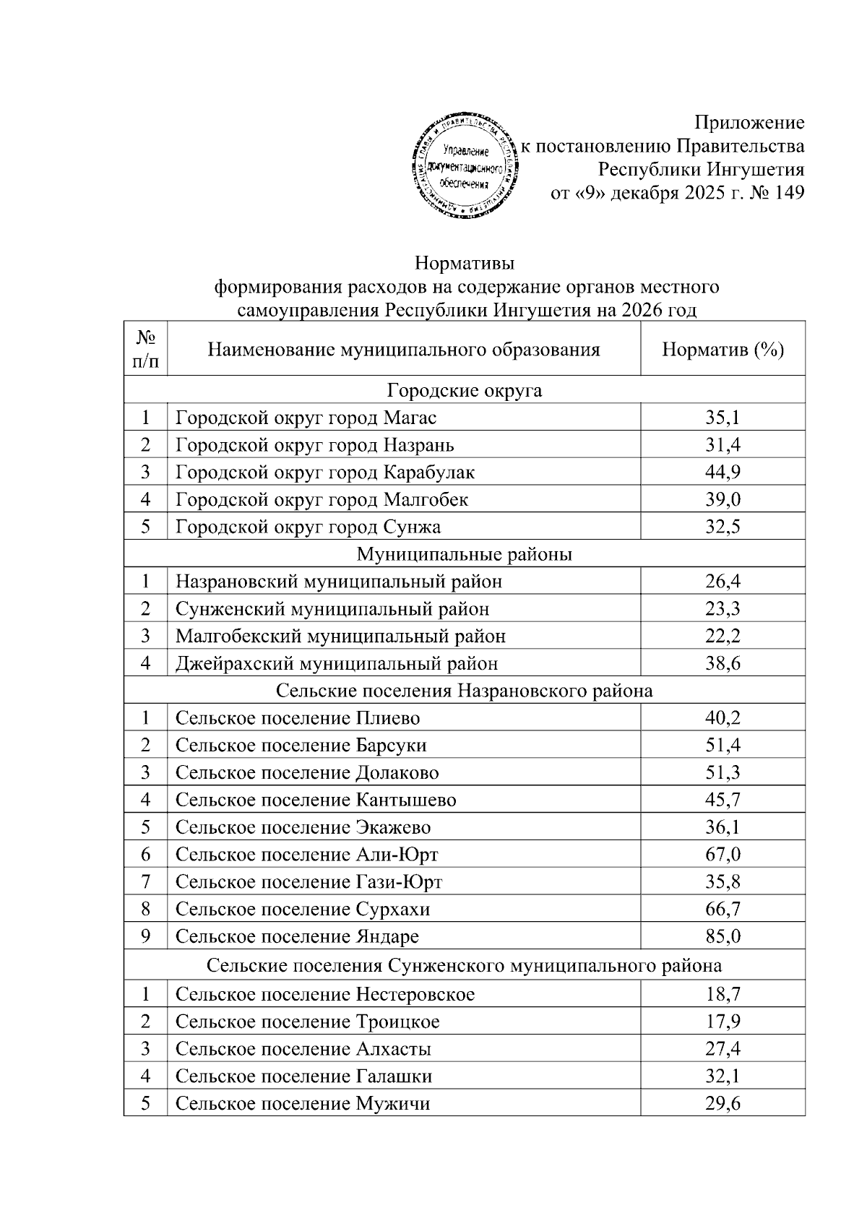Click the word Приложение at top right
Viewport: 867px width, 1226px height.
[749, 122]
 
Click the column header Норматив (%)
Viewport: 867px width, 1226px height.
[722, 350]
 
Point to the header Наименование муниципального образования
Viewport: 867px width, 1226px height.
[404, 350]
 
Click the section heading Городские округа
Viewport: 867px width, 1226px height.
[465, 391]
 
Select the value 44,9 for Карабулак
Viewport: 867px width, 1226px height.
[722, 472]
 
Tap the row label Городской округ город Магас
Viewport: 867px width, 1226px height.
[306, 418]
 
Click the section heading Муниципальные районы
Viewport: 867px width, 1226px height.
[465, 554]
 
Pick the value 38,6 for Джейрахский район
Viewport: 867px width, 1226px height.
[722, 663]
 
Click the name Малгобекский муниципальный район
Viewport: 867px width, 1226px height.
[340, 636]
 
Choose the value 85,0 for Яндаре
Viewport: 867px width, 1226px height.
[722, 937]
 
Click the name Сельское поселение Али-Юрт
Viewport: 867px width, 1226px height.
[307, 855]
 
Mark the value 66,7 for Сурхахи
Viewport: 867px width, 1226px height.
[722, 910]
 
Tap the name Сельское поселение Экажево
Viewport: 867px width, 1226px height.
[303, 827]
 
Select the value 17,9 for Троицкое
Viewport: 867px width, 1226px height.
[722, 1022]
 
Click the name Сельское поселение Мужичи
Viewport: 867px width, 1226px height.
[303, 1104]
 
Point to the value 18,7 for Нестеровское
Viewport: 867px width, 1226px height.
[722, 995]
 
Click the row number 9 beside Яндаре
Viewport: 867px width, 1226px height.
[146, 937]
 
